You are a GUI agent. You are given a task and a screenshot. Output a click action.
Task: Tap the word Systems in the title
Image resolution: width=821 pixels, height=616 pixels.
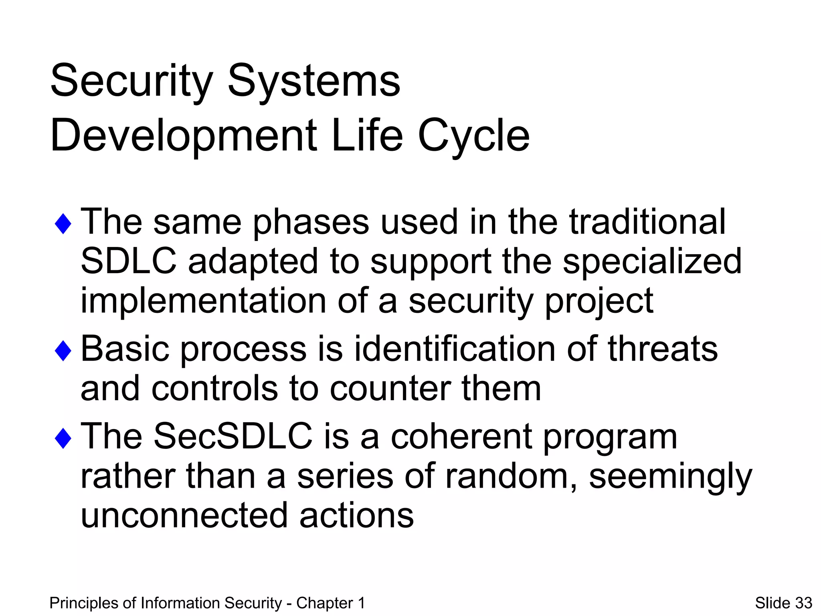314,81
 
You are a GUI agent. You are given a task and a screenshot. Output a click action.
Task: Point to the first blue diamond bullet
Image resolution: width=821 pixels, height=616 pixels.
63,224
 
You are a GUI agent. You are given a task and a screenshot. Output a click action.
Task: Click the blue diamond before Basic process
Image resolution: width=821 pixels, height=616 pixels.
63,351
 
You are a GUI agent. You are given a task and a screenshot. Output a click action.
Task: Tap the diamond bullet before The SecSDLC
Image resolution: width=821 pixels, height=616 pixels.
63,438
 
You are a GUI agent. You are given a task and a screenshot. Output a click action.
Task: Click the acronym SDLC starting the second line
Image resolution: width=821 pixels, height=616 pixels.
129,261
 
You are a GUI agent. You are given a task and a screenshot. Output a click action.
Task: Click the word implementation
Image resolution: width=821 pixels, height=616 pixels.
203,300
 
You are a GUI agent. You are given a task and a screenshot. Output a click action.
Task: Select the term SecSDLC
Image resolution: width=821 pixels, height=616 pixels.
233,436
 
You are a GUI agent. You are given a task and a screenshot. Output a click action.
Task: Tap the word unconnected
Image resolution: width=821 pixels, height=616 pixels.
184,515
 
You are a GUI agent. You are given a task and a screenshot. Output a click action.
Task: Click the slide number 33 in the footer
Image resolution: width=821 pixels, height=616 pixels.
803,603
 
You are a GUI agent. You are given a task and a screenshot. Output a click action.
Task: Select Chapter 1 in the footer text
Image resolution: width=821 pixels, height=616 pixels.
330,603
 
